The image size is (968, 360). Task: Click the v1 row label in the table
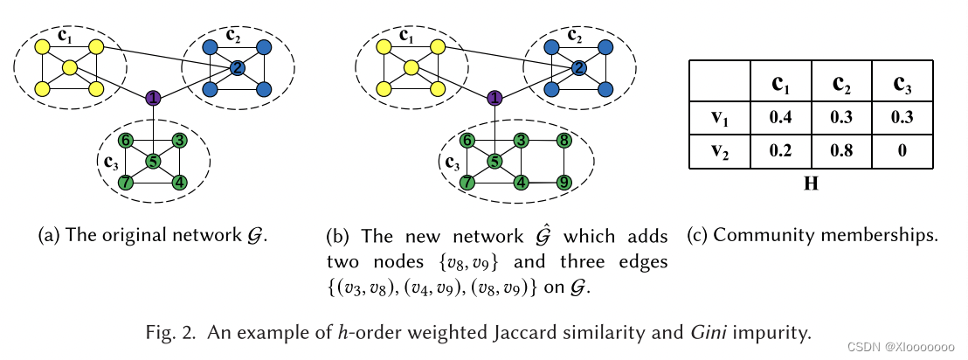click(x=718, y=116)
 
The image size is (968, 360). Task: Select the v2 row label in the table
click(x=718, y=150)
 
